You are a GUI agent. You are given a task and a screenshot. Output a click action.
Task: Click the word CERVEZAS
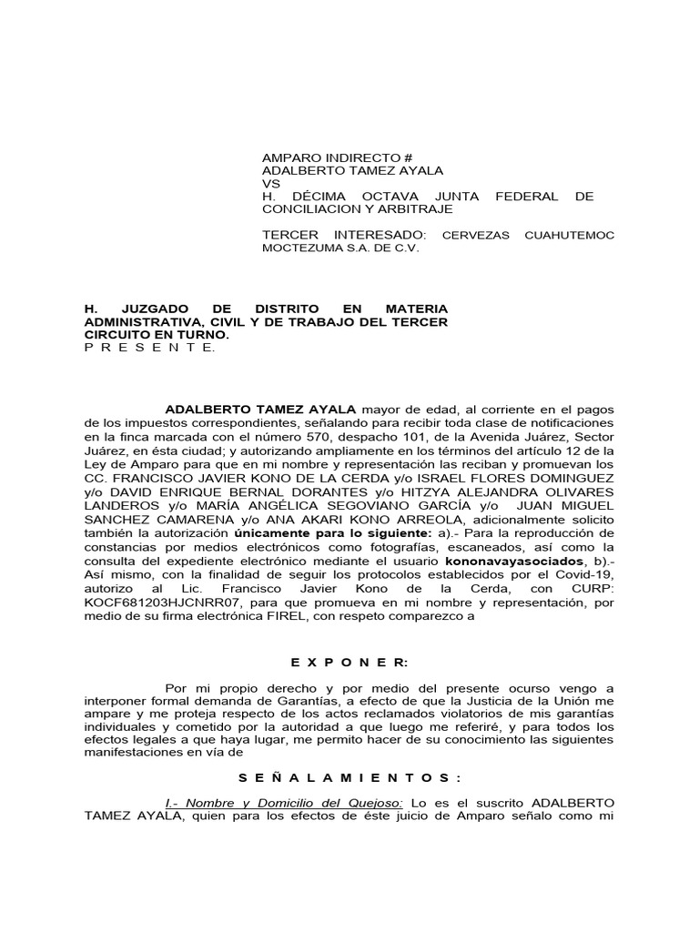coord(479,235)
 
